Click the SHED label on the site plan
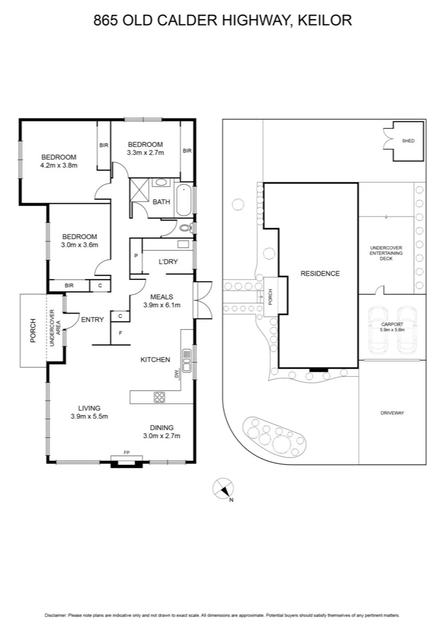[409, 140]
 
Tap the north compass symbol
[223, 488]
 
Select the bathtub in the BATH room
[184, 199]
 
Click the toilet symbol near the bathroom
[185, 228]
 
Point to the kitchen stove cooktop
[159, 398]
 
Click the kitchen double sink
[187, 361]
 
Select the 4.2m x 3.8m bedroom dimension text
[59, 165]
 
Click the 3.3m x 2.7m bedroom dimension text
[145, 153]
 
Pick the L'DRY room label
[168, 262]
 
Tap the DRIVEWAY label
[392, 413]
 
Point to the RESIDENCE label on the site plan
[320, 273]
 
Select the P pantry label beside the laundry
[135, 256]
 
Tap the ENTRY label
[92, 319]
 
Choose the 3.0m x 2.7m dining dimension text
[162, 436]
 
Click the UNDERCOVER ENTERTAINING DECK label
[386, 253]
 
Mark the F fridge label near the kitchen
[120, 334]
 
